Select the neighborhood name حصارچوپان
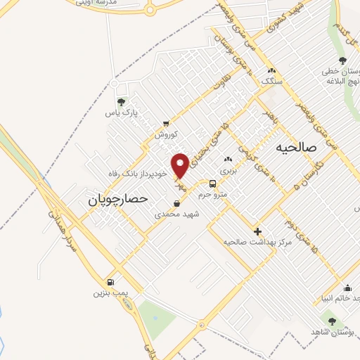point(117,200)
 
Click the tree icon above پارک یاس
point(121,102)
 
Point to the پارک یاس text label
point(119,112)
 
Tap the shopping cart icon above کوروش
point(165,123)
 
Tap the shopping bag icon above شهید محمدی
point(176,203)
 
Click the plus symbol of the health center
point(257,231)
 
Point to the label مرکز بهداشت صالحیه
point(257,242)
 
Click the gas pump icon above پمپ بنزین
point(110,281)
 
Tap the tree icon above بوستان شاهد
point(332,320)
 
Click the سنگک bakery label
point(271,82)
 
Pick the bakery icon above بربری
point(227,160)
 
